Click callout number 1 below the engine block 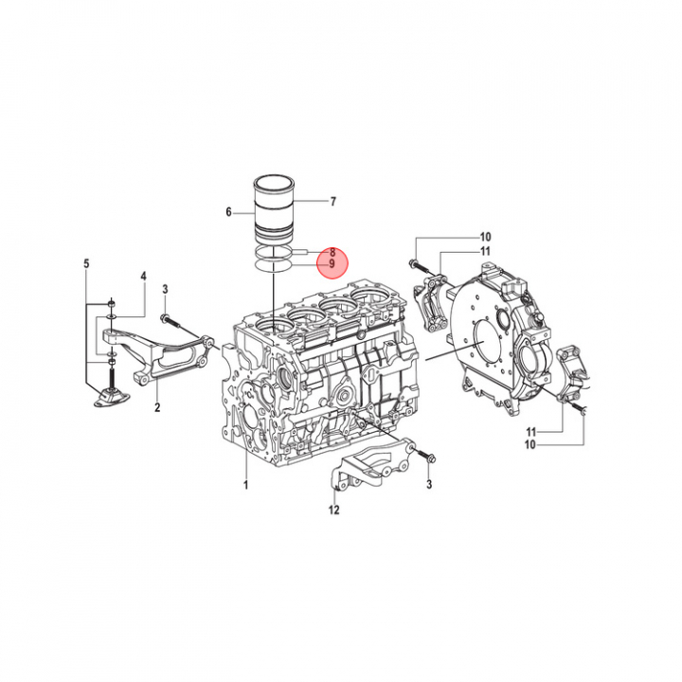(245, 485)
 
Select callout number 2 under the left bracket (157, 407)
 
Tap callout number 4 (143, 277)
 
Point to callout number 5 (86, 263)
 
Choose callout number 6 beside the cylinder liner (229, 212)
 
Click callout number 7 (333, 202)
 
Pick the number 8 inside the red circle (332, 252)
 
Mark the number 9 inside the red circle (332, 264)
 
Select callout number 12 (333, 510)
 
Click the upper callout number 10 (485, 237)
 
